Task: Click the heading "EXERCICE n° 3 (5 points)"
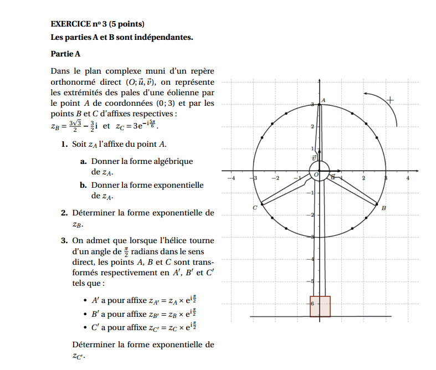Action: pyautogui.click(x=98, y=24)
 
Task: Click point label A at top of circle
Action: pyautogui.click(x=324, y=100)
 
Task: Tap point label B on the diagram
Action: pyautogui.click(x=384, y=208)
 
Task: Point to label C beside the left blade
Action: pyautogui.click(x=254, y=208)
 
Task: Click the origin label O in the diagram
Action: pyautogui.click(x=316, y=174)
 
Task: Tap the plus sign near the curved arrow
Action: pyautogui.click(x=391, y=100)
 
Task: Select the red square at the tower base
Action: pyautogui.click(x=320, y=306)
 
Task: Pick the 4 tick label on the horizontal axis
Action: pyautogui.click(x=408, y=178)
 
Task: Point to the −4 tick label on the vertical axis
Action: pyautogui.click(x=312, y=259)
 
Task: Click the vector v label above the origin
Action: pyautogui.click(x=314, y=158)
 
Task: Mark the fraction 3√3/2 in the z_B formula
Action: pyautogui.click(x=76, y=126)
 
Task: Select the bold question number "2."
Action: pyautogui.click(x=65, y=213)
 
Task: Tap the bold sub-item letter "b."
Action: pyautogui.click(x=83, y=185)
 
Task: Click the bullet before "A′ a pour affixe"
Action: pyautogui.click(x=85, y=301)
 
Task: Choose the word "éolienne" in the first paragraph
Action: pyautogui.click(x=188, y=92)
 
